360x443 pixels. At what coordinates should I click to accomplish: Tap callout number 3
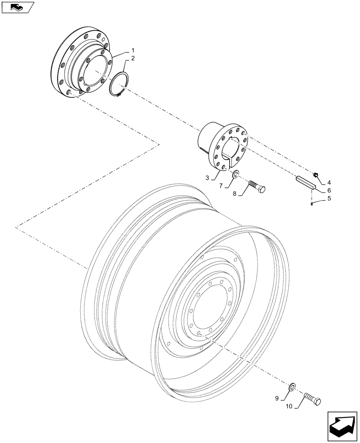[207, 178]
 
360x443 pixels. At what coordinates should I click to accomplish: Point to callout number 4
[329, 182]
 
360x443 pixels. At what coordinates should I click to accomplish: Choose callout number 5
[329, 199]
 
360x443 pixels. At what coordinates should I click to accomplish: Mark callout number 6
[329, 190]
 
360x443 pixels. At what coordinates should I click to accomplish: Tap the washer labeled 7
[235, 173]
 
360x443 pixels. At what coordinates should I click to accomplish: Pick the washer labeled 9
[292, 388]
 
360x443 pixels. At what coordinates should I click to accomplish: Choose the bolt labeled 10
[313, 397]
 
